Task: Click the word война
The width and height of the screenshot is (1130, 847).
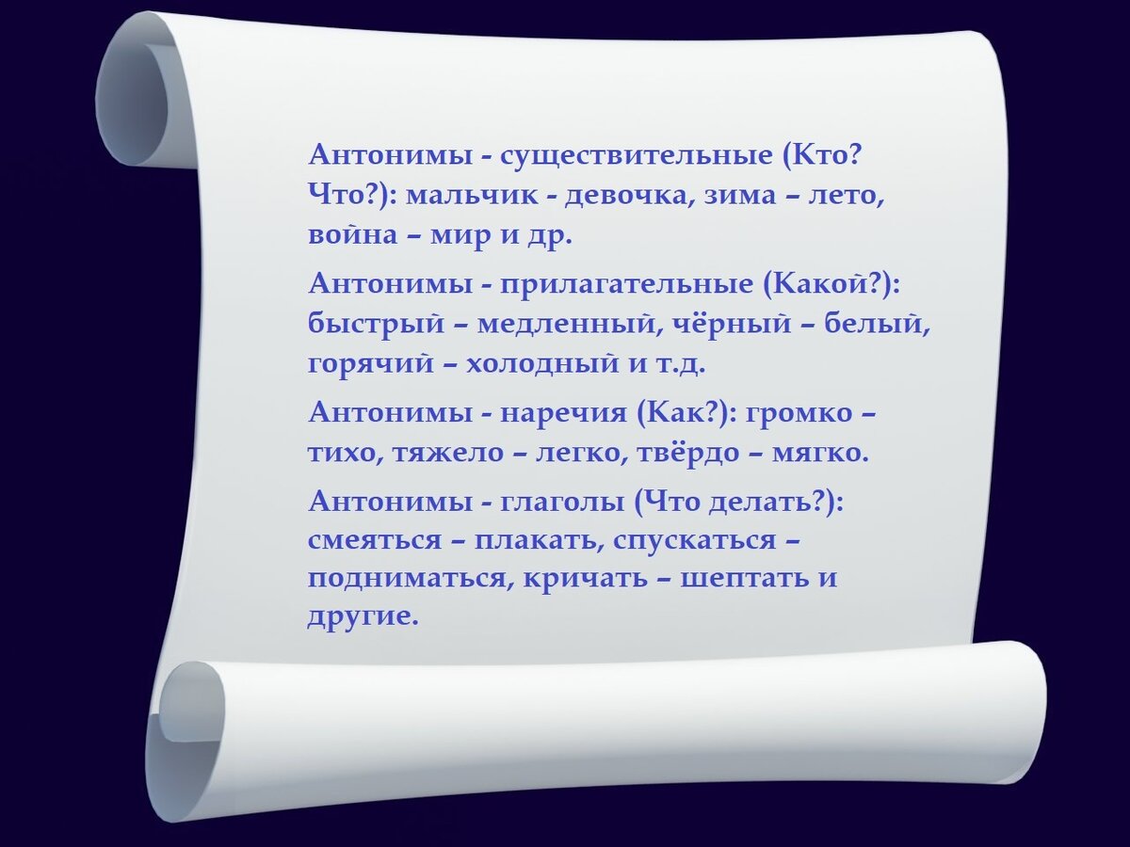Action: click(353, 235)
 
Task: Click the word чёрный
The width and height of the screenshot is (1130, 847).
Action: click(737, 324)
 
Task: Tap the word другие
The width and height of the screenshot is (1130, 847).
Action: click(361, 616)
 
